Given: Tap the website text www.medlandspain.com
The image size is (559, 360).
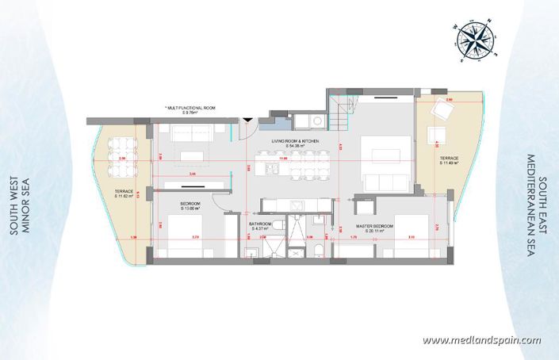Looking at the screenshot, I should coord(481,340).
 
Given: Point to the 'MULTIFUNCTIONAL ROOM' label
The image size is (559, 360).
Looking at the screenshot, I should coord(190,108).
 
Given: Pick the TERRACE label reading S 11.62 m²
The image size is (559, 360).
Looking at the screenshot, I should coord(123,193).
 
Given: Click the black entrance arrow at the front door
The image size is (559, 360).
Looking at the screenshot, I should coord(248,120).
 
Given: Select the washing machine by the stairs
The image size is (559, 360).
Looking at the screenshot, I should coord(315,121).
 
